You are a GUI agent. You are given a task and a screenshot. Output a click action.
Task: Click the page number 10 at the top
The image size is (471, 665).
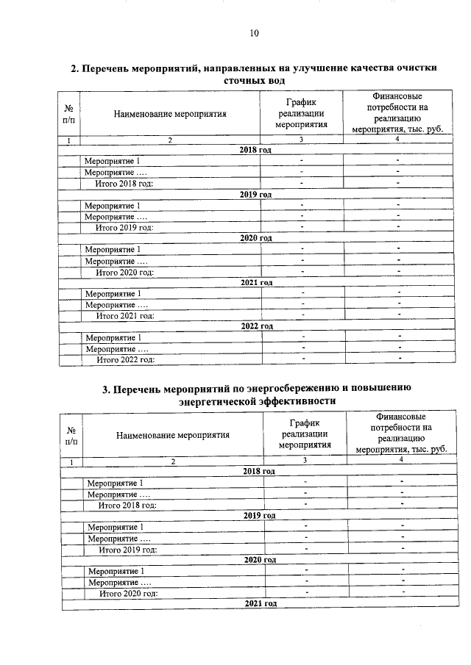click(x=254, y=32)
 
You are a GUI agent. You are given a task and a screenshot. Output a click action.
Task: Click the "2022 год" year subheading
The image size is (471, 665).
click(x=257, y=326)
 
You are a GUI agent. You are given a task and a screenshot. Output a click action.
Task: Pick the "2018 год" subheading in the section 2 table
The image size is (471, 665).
click(x=255, y=150)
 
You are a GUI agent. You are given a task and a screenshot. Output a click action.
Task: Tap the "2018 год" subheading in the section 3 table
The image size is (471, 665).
click(x=259, y=471)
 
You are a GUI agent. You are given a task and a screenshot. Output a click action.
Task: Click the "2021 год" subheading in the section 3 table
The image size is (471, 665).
click(x=260, y=603)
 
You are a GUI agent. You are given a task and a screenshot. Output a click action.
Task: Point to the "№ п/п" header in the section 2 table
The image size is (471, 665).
click(x=68, y=113)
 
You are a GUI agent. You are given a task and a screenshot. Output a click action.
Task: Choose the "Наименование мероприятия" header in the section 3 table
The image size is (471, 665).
click(x=173, y=434)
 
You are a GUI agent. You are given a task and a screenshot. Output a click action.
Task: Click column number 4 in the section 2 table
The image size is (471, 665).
click(x=397, y=140)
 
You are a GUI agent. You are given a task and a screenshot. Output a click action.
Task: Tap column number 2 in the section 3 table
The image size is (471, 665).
click(x=174, y=461)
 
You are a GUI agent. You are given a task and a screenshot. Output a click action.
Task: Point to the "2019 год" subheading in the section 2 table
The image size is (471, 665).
click(x=255, y=194)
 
